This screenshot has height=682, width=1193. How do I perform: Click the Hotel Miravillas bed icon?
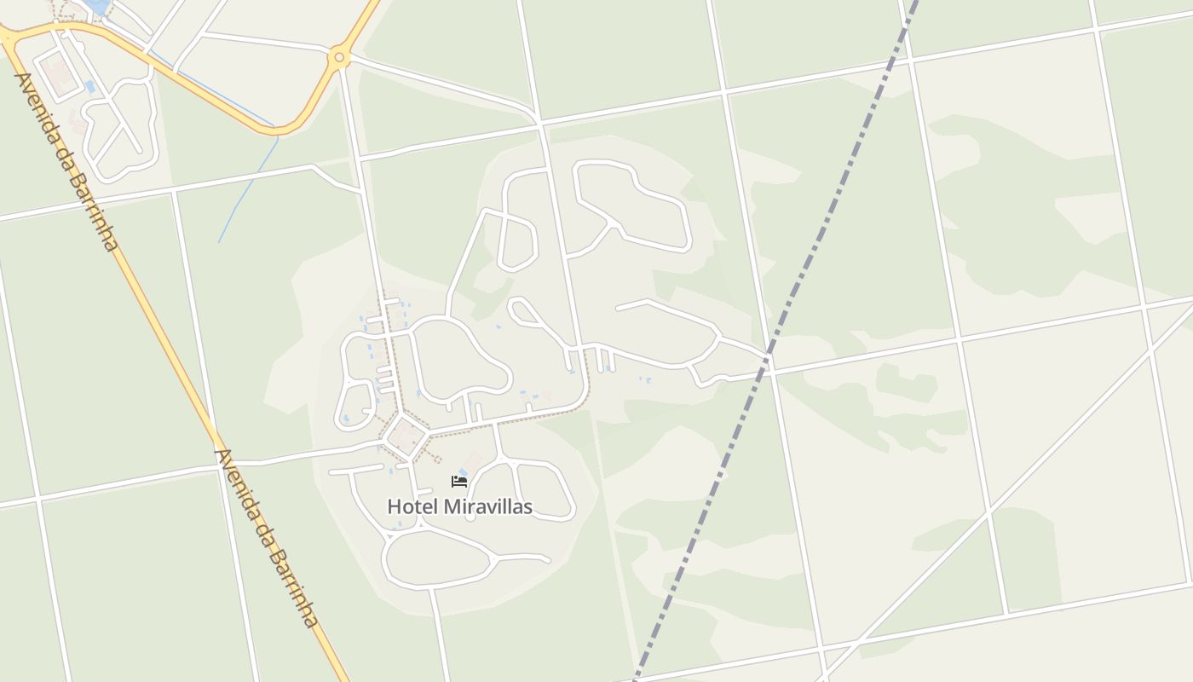pos(459,482)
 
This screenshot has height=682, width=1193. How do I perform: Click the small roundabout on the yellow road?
pos(339,58)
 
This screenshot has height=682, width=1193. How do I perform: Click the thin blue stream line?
pos(247,192)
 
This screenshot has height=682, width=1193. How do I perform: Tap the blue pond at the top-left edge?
pos(97,7)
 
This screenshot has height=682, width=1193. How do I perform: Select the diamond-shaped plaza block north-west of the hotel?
pos(405,436)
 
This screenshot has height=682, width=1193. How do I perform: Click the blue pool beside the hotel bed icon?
pos(464,471)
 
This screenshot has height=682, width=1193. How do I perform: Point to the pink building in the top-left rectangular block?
pos(60,76)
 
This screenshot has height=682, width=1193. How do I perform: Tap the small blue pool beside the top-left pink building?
pos(90,87)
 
